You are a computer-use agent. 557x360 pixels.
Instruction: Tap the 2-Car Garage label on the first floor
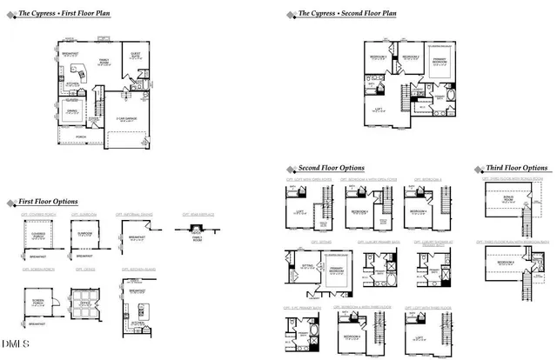click(x=127, y=121)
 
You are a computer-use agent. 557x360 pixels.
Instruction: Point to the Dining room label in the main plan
click(x=72, y=110)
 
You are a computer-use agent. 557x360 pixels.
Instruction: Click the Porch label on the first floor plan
click(x=81, y=137)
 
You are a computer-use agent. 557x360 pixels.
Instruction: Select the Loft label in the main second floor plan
click(x=379, y=109)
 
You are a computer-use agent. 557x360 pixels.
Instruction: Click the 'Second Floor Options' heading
click(x=331, y=168)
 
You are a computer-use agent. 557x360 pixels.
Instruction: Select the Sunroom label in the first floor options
click(x=84, y=233)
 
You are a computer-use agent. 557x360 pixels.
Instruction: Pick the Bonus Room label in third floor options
click(x=500, y=200)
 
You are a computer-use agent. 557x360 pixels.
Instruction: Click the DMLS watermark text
click(x=12, y=353)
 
